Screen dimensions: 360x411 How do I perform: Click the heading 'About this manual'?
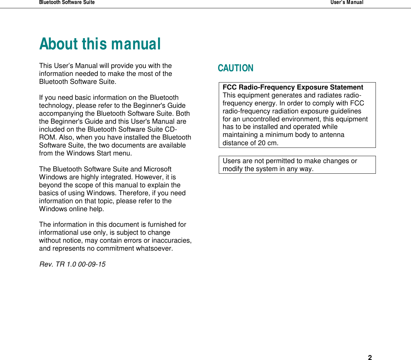pos(100,44)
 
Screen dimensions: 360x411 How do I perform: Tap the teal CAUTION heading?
pos(235,68)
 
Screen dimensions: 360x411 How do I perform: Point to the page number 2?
pos(370,357)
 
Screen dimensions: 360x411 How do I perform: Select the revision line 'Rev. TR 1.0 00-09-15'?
pos(72,264)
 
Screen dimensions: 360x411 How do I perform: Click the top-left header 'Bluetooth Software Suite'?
pos(67,2)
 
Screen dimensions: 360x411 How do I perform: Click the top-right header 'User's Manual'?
pos(347,2)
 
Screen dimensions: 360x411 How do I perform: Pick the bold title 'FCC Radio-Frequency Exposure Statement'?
pos(293,87)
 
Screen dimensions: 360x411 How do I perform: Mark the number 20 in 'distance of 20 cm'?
pos(262,143)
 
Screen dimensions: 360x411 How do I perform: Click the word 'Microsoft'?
pos(157,169)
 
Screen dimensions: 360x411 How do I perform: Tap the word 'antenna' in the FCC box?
pos(332,135)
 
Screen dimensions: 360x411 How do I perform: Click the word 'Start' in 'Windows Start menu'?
pos(103,153)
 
